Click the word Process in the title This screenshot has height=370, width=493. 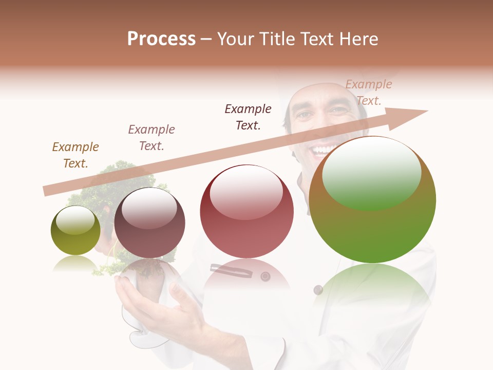[x=161, y=39]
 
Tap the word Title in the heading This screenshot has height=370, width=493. [x=279, y=39]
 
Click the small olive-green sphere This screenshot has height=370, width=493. [x=75, y=231]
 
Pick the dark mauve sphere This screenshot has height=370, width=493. [x=149, y=223]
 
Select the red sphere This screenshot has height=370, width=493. [x=247, y=211]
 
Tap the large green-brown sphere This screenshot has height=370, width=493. [x=372, y=200]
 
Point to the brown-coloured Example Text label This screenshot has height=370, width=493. [x=75, y=155]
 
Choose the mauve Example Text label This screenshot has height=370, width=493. [x=151, y=137]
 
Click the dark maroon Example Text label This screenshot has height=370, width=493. [x=248, y=117]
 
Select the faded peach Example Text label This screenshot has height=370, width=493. [x=368, y=92]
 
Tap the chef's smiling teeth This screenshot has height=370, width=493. [x=324, y=150]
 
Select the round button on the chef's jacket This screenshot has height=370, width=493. [x=266, y=276]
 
